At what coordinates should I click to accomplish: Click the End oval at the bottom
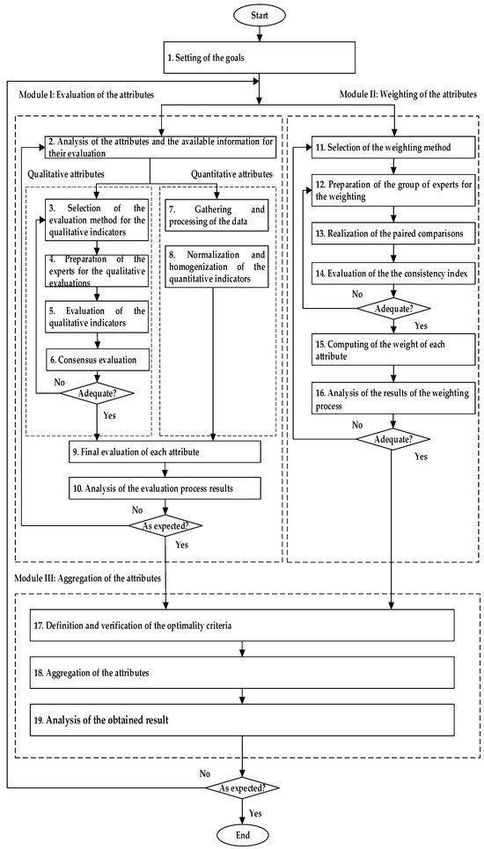(242, 833)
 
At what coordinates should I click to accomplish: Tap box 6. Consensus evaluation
(97, 360)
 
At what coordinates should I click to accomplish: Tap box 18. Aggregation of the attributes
(242, 671)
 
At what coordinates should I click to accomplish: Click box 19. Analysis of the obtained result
(242, 721)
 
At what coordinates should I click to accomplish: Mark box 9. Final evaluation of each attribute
(155, 452)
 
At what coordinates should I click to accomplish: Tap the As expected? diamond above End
(242, 787)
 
